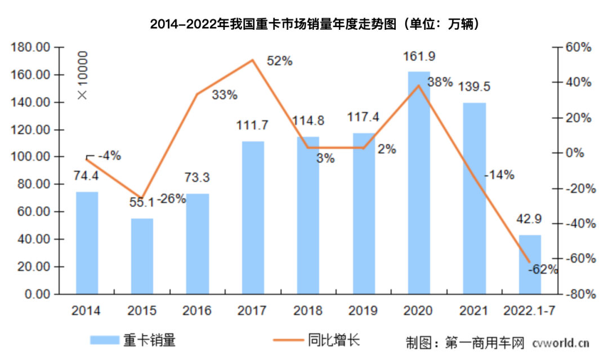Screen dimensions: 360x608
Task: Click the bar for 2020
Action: pos(418,183)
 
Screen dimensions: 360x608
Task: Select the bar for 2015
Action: pos(142,256)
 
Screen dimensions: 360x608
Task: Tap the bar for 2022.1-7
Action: pos(529,264)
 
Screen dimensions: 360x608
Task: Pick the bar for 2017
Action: pos(253,217)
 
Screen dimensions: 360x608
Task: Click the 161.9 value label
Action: pos(419,57)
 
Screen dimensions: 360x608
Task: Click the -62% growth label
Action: pos(543,269)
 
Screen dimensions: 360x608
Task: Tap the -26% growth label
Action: pos(171,199)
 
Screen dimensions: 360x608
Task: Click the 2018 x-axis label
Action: pos(307,310)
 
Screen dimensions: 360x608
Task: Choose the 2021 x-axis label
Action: pos(473,310)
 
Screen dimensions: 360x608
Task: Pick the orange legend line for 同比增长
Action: pos(288,340)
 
